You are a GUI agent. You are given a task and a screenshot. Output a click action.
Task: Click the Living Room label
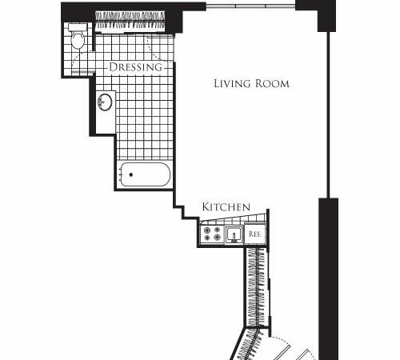[x=251, y=83]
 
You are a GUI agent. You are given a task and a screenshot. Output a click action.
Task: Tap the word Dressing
[x=135, y=67]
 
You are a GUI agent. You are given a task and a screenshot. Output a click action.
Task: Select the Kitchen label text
[x=226, y=207]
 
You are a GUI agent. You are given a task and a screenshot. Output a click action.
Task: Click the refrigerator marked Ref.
[x=254, y=234]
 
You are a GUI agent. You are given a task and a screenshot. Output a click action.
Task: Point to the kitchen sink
[x=234, y=234]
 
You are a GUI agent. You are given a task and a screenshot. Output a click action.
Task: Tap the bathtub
[x=145, y=174]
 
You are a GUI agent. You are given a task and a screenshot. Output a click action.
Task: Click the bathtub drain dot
[x=131, y=174]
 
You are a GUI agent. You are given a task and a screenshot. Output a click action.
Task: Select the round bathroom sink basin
[x=105, y=102]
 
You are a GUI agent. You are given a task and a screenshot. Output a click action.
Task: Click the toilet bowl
[x=78, y=40]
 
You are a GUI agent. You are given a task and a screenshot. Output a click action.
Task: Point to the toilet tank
[x=78, y=27]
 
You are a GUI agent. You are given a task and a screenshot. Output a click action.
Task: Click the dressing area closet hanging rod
[x=130, y=21]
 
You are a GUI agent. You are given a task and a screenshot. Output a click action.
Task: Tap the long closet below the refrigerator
[x=257, y=287]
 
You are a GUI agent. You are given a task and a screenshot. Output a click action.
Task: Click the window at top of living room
[x=250, y=6]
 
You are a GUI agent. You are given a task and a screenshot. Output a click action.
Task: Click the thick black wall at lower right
[x=329, y=278]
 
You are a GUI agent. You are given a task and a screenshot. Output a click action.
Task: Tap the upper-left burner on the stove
[x=207, y=230]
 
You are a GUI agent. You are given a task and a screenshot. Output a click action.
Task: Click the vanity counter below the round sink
[x=106, y=122]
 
